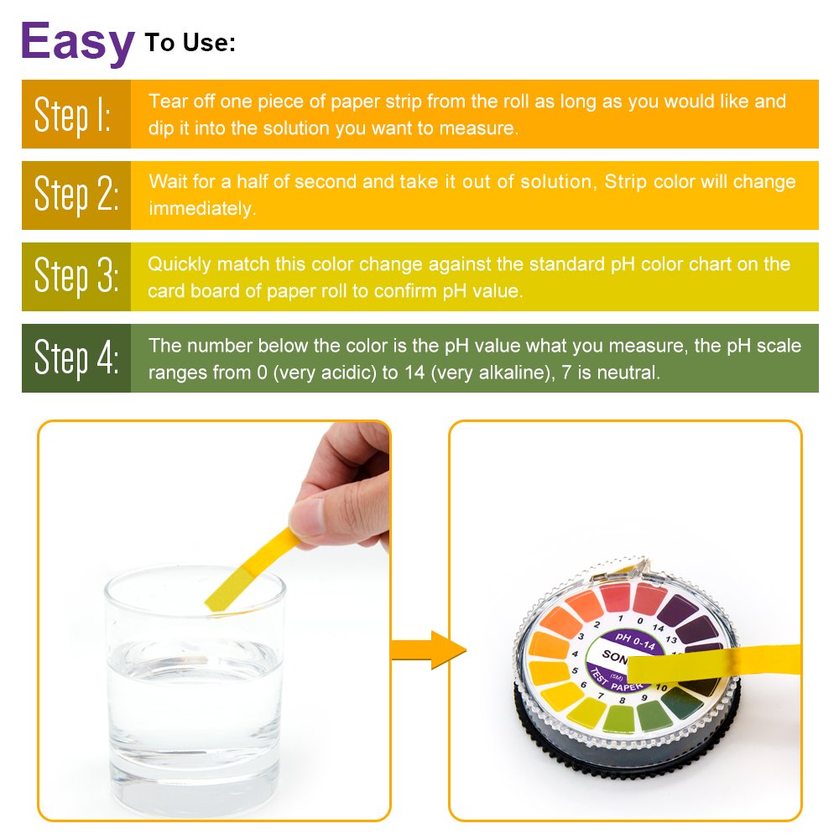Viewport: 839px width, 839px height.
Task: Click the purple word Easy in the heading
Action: coord(77,42)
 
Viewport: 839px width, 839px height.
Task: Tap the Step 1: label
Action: coord(74,115)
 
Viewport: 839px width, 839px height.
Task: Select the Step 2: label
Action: coord(76,195)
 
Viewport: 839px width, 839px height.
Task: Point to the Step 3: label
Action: coord(76,277)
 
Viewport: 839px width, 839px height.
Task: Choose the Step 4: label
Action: coord(76,358)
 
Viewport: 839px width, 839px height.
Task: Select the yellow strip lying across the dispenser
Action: coord(713,667)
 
